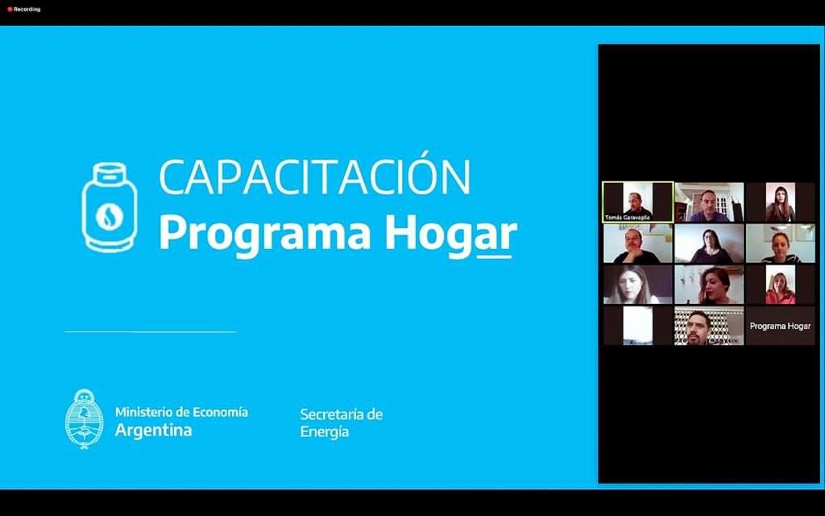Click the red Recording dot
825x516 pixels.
10,10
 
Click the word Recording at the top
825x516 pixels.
27,10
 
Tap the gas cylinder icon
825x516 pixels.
110,207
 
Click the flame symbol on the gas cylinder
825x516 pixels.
110,217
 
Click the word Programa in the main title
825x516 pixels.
265,235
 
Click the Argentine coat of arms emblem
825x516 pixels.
84,419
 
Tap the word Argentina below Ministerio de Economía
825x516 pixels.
154,431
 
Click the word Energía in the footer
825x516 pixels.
325,432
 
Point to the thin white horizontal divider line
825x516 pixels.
151,331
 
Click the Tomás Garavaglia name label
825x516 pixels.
627,218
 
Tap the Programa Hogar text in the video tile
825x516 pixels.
780,326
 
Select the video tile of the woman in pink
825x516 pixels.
780,285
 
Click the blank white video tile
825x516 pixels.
638,326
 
